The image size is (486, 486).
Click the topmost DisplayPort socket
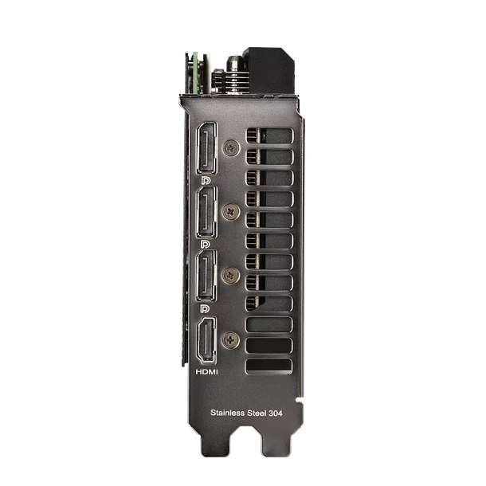click(x=206, y=148)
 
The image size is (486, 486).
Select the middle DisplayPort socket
click(x=206, y=212)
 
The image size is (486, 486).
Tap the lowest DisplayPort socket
click(x=206, y=276)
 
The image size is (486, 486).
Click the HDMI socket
click(x=206, y=340)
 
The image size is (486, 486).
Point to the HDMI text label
click(x=206, y=371)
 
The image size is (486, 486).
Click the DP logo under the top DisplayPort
click(x=206, y=180)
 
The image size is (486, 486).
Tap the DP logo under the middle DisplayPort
click(x=205, y=245)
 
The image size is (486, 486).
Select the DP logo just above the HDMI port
click(x=205, y=308)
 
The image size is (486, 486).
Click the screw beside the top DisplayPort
click(x=231, y=148)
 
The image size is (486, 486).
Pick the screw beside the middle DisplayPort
click(x=231, y=212)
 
